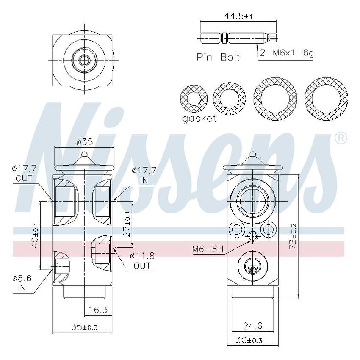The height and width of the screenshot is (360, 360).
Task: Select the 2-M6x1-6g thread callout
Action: (287, 54)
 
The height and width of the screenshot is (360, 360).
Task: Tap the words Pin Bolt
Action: (218, 57)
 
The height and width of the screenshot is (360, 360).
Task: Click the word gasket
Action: (199, 118)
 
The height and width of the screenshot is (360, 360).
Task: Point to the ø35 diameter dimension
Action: (84, 142)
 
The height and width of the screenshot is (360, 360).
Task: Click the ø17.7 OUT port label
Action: (25, 174)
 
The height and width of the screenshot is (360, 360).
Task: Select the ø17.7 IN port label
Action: (144, 174)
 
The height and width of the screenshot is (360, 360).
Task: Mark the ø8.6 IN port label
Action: (21, 283)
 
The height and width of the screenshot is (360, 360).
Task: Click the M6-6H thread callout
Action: (208, 249)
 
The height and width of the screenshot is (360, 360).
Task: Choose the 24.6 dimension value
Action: (253, 326)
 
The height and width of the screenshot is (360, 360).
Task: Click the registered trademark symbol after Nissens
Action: (341, 138)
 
